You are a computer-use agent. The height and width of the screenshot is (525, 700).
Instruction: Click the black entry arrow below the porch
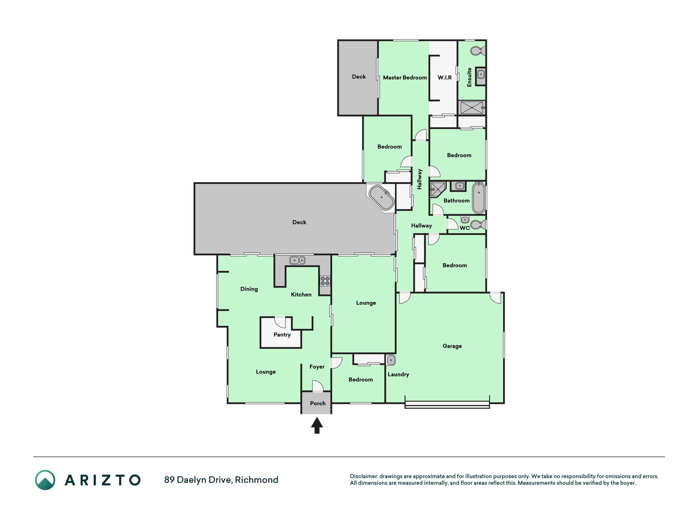coord(317,425)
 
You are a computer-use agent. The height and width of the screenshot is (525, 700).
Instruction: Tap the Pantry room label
coord(282,335)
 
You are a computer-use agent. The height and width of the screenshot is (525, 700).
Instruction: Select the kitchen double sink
coord(297,260)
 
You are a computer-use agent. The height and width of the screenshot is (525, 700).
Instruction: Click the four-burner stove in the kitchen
coord(325,281)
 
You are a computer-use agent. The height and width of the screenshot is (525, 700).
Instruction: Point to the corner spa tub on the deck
coord(382,198)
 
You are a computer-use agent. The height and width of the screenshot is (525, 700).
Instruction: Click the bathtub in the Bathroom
coord(479,198)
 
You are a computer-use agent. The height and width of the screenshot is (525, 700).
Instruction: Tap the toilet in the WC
coord(478,225)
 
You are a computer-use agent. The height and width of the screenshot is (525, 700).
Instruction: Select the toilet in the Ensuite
coord(478,51)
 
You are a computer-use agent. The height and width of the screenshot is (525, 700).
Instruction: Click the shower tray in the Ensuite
coord(472,108)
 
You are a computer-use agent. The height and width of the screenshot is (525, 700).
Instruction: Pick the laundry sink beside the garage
coord(391,360)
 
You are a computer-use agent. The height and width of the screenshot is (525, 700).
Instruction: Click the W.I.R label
coord(445,78)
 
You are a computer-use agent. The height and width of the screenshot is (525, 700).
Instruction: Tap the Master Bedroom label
coord(405,78)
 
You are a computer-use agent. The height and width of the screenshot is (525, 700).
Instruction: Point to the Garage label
coord(452,346)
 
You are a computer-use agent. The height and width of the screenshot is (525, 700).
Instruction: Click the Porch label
coord(318,404)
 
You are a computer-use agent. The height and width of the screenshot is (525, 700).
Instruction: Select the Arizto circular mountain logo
coord(45,480)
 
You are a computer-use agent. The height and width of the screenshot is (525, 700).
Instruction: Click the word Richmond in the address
coord(257,480)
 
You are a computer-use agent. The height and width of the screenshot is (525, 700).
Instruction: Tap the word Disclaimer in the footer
coord(364,476)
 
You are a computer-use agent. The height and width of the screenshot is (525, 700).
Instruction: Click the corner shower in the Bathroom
coord(438,189)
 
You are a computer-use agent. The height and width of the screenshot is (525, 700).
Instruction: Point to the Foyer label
coord(317,367)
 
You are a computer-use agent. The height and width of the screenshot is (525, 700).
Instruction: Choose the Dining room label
coord(249,289)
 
